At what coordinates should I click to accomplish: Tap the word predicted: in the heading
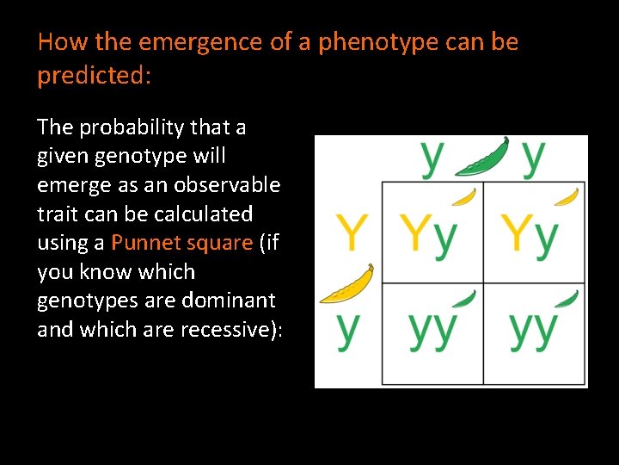pyautogui.click(x=94, y=76)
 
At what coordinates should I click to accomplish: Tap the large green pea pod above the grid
pyautogui.click(x=482, y=158)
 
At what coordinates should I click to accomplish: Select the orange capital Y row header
pyautogui.click(x=352, y=232)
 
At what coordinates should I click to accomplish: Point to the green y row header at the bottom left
pyautogui.click(x=347, y=328)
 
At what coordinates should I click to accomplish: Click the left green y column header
pyautogui.click(x=432, y=156)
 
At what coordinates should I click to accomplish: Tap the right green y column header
pyautogui.click(x=533, y=156)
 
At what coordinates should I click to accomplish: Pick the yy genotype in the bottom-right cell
pyautogui.click(x=533, y=329)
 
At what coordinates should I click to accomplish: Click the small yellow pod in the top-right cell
pyautogui.click(x=566, y=197)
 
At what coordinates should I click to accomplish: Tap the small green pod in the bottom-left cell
pyautogui.click(x=464, y=299)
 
